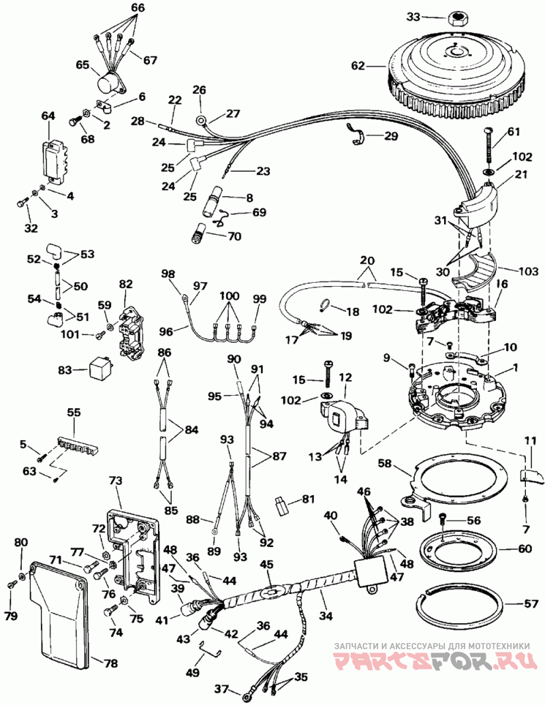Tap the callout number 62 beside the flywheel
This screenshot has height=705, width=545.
coord(359,67)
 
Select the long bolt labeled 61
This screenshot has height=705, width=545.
coord(490,146)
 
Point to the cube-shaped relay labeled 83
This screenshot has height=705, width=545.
coord(101,371)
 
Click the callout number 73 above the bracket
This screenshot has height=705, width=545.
coord(116,481)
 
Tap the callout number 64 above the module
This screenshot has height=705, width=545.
coord(48,116)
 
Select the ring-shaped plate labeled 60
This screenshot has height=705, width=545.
coord(458,549)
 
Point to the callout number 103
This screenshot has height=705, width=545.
coord(528,271)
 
